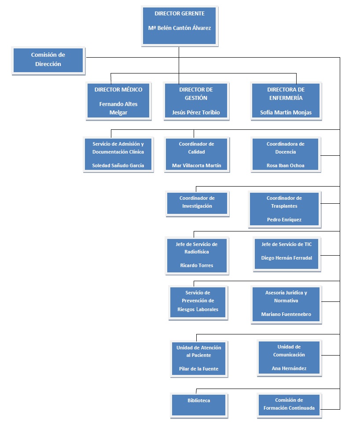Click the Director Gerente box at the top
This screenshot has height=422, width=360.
pos(179,26)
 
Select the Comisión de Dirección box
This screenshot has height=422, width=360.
pos(48,60)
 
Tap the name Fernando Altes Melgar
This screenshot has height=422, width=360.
pos(118,108)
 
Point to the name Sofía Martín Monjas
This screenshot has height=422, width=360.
pos(286,112)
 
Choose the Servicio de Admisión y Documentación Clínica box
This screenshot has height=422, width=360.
pos(118,154)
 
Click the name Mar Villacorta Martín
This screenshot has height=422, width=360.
pos(196,166)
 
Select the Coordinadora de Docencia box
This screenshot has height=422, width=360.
pos(285,154)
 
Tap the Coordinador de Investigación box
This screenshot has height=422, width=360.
pos(197,203)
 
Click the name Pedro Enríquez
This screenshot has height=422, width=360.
pos(284,219)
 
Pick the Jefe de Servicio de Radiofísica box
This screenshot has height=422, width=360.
pos(196,255)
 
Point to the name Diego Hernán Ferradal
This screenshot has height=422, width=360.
pos(286,258)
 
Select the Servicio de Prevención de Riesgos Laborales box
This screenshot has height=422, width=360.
pos(198,301)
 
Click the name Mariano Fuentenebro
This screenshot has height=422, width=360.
pos(286,315)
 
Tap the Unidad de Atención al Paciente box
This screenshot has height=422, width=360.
pos(198,358)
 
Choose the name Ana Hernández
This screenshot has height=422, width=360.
pos(289,368)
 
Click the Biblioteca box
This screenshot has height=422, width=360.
pos(198,404)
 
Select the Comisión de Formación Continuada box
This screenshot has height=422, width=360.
pos(289,404)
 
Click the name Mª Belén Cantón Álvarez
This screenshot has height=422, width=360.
pos(179,28)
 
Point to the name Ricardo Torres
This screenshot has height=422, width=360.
pos(196,265)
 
